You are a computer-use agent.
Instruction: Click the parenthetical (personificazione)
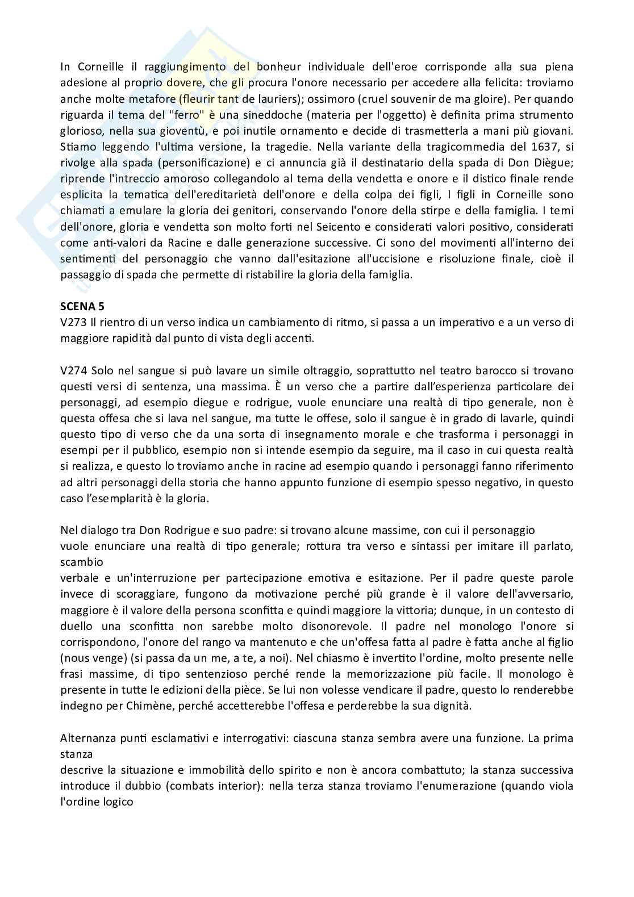point(204,163)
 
